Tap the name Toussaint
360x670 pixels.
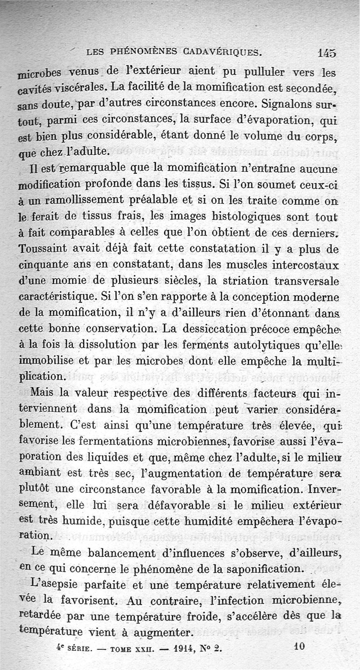coord(47,249)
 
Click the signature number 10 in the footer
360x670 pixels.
coord(299,646)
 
